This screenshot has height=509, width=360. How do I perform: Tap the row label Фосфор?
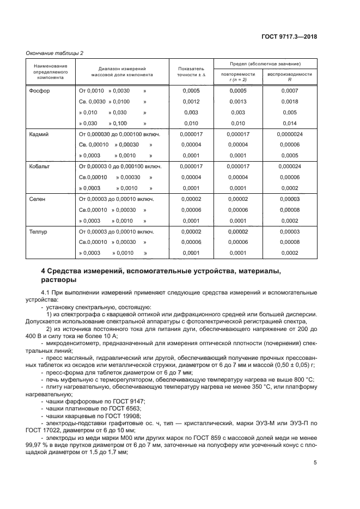39,90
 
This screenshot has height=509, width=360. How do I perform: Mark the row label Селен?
38,199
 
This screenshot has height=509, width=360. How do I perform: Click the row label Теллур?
39,232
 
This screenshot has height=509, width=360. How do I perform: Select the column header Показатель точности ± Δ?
191,72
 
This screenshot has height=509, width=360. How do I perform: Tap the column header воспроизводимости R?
290,76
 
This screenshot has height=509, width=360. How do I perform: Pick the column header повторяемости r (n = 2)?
238,76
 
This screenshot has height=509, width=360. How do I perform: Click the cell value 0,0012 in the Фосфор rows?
191,102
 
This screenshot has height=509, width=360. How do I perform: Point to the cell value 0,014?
290,124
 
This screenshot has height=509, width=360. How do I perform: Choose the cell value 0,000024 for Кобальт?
290,167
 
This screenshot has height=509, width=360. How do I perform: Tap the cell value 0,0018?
290,102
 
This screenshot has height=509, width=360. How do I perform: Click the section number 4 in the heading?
44,271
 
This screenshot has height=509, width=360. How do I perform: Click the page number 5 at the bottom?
315,463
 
